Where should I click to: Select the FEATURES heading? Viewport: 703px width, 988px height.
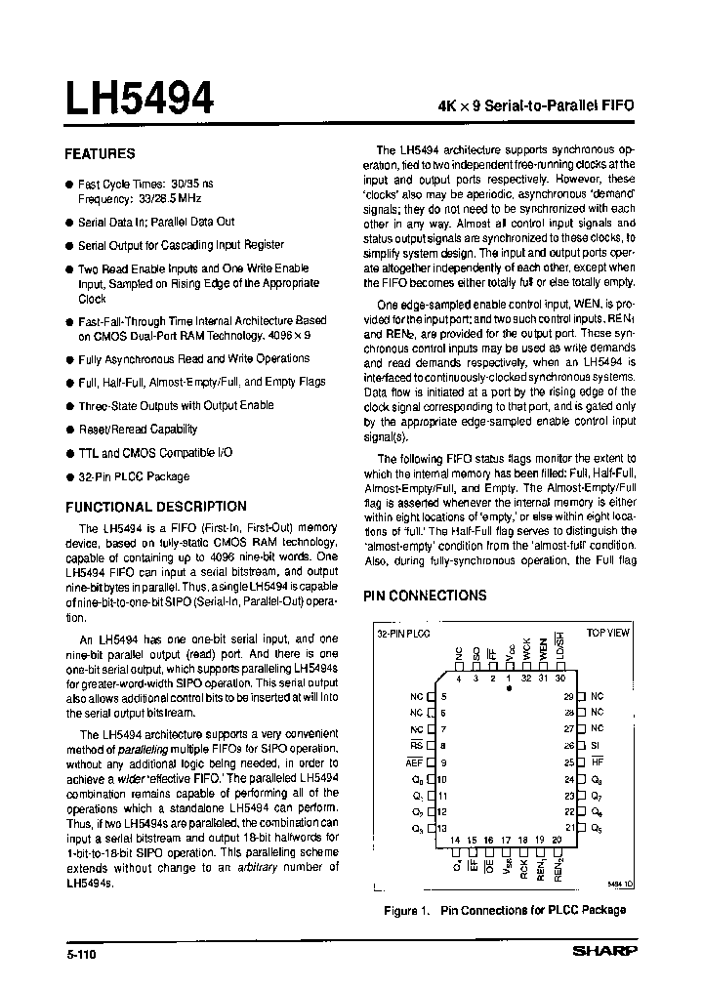(x=100, y=154)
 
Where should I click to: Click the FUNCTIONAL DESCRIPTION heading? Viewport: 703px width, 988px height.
(x=155, y=507)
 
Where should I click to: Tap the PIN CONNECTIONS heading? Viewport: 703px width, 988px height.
(x=425, y=596)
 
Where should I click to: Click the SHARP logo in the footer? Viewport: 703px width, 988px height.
(x=603, y=950)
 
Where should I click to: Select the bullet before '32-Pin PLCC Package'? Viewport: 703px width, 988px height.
(x=68, y=477)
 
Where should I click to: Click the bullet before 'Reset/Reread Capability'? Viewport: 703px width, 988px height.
(x=68, y=430)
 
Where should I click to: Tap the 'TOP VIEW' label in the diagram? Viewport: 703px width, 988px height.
(x=607, y=633)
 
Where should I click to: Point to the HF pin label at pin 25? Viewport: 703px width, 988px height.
(x=597, y=762)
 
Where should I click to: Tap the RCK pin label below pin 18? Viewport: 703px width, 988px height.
(x=523, y=867)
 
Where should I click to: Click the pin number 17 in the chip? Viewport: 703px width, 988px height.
(x=506, y=840)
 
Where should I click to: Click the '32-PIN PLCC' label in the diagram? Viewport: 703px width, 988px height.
(x=399, y=633)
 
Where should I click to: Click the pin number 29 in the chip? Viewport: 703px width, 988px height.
(x=567, y=696)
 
